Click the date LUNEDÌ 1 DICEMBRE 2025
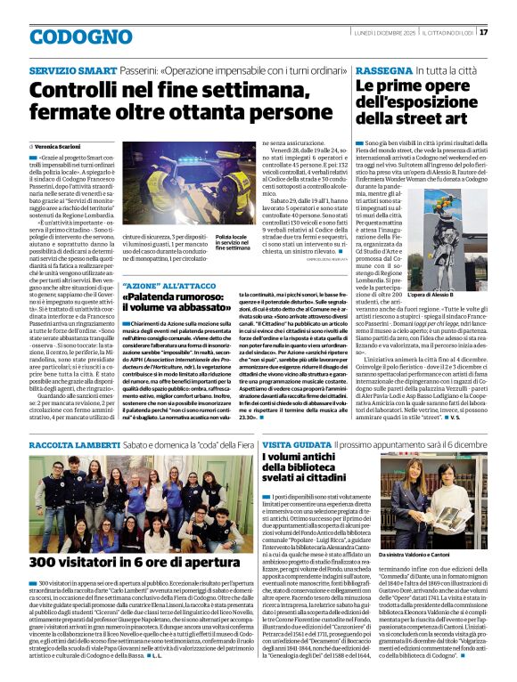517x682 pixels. [376, 33]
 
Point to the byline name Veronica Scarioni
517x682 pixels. [62, 145]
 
